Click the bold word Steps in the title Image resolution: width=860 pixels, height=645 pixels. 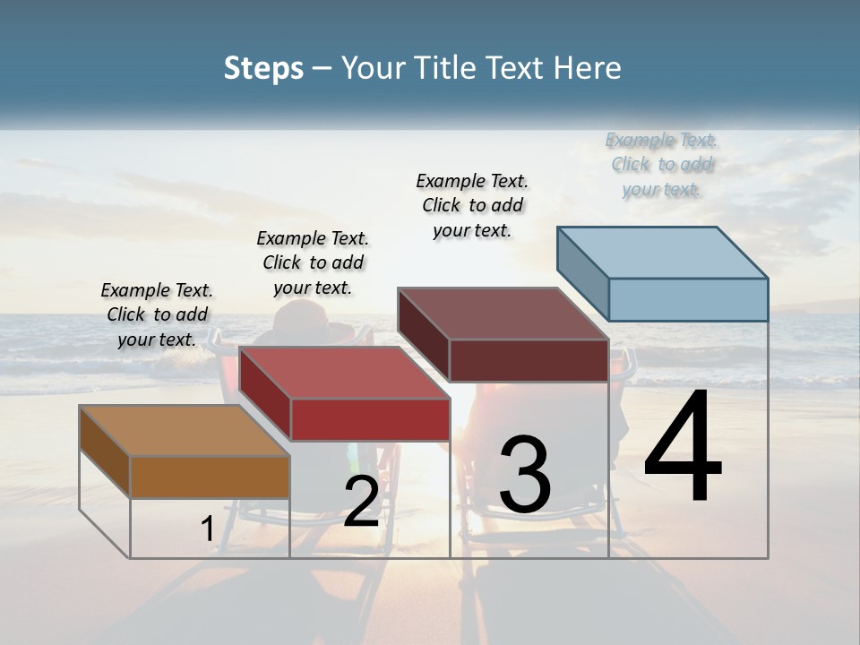263,68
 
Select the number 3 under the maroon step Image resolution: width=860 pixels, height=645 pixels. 525,475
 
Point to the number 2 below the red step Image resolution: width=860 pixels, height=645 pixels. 361,502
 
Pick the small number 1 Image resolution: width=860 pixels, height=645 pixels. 207,529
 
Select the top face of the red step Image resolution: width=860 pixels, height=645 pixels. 345,372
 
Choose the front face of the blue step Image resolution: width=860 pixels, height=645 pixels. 688,299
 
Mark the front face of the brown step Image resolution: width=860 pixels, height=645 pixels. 210,477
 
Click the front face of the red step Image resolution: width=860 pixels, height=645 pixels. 370,419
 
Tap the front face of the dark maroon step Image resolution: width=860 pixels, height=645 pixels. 529,360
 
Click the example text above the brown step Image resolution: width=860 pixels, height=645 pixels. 157,314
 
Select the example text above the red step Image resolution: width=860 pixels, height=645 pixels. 313,262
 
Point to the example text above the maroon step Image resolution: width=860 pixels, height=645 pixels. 472,205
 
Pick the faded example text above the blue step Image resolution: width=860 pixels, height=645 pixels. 661,164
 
